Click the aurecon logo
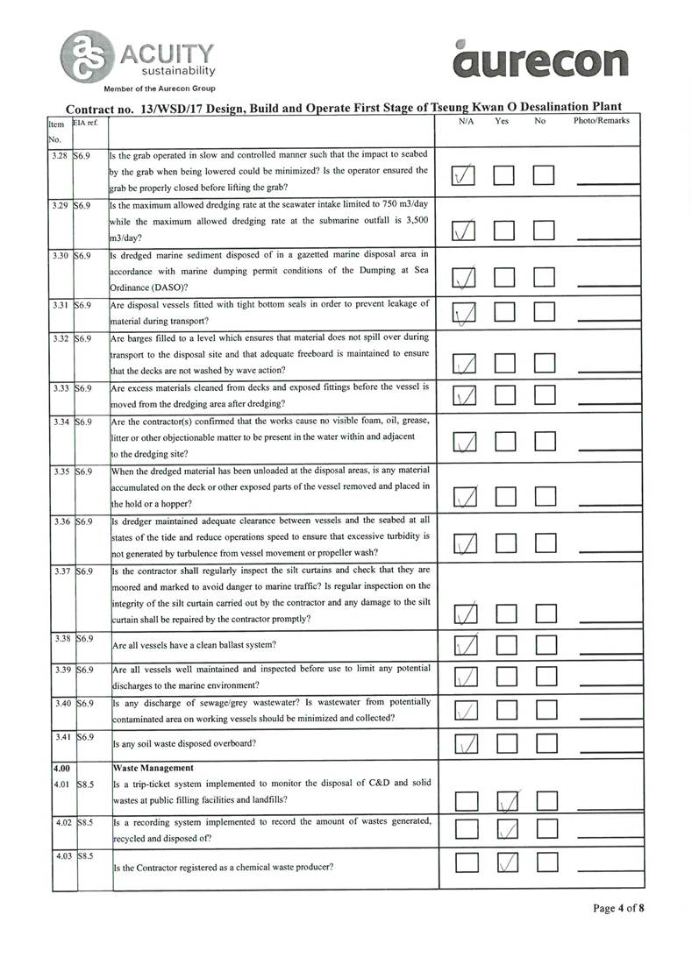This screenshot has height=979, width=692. pyautogui.click(x=542, y=59)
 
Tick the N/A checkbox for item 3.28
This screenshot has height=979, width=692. pyautogui.click(x=465, y=177)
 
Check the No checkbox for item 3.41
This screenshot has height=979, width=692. pyautogui.click(x=545, y=744)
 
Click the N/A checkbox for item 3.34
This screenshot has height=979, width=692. pyautogui.click(x=465, y=442)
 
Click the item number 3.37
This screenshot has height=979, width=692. pyautogui.click(x=61, y=571)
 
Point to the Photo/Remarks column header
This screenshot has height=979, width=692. pyautogui.click(x=601, y=120)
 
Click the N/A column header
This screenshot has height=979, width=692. pyautogui.click(x=467, y=121)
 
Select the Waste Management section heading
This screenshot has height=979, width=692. pyautogui.click(x=153, y=767)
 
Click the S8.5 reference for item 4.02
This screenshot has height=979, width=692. pyautogui.click(x=85, y=823)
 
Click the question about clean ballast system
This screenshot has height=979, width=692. pyautogui.click(x=195, y=645)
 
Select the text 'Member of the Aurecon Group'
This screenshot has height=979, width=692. pyautogui.click(x=160, y=89)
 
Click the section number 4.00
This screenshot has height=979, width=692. pyautogui.click(x=61, y=767)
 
